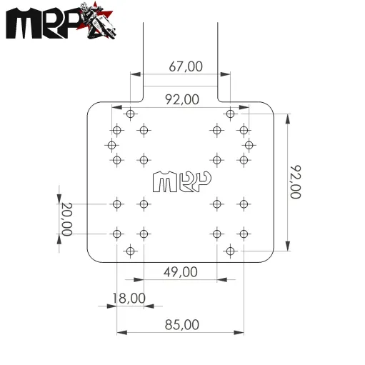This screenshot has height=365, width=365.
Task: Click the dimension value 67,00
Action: tap(186, 66)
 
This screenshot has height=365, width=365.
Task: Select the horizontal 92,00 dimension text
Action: tap(181, 100)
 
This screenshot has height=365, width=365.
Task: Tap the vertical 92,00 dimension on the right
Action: tap(295, 182)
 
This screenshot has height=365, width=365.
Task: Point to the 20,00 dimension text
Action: tap(66, 219)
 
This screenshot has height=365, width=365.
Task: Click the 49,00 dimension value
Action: tap(181, 272)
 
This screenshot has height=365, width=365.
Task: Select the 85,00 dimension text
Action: tap(181, 324)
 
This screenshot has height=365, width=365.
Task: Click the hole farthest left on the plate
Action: tap(111, 145)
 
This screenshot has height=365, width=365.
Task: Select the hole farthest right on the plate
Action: tap(249, 145)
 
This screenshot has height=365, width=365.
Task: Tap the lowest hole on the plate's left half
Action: tap(130, 250)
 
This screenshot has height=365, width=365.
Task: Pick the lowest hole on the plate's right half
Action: tap(230, 250)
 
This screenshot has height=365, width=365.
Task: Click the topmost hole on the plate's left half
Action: tap(130, 114)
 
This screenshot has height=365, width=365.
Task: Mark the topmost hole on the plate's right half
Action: tap(230, 114)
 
